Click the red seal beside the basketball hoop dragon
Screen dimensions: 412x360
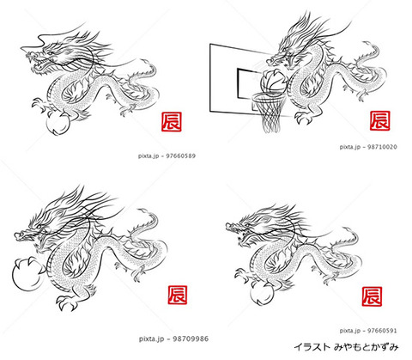(x=379, y=121)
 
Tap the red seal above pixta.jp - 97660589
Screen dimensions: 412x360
(x=172, y=122)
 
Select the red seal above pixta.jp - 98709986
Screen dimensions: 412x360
(x=178, y=295)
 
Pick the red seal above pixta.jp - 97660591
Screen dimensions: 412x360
(x=372, y=296)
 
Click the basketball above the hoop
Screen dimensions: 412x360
(x=273, y=81)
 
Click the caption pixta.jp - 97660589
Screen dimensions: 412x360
(x=167, y=156)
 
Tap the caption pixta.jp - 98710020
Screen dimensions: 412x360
(x=368, y=147)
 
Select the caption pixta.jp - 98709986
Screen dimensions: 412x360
(x=173, y=339)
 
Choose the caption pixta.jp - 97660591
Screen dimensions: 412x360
(x=368, y=331)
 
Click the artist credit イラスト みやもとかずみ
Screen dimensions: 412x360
(x=346, y=347)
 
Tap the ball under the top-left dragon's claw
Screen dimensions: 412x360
(x=58, y=123)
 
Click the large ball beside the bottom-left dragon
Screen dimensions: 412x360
(x=27, y=274)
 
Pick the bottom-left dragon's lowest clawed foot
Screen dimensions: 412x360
(x=67, y=303)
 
